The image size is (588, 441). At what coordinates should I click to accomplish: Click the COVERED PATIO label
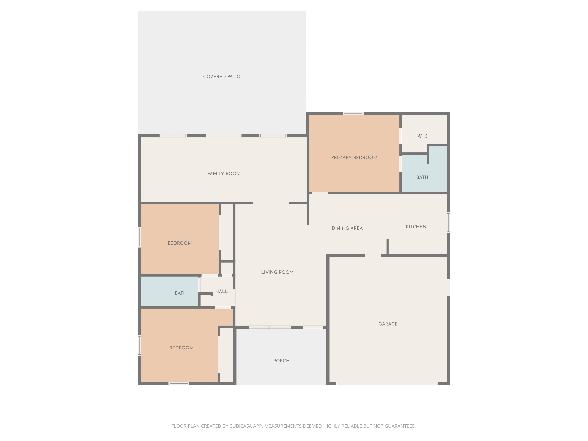(x=222, y=77)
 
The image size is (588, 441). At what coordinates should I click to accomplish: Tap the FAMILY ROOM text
(x=224, y=174)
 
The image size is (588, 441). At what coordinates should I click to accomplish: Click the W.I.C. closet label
(x=423, y=136)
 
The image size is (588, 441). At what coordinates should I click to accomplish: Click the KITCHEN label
(x=416, y=227)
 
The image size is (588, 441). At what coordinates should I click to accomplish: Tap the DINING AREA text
(x=347, y=228)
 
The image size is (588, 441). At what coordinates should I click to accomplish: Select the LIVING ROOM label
(x=277, y=272)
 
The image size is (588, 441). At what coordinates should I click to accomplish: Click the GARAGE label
(x=388, y=324)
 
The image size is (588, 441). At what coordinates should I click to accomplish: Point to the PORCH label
(x=281, y=361)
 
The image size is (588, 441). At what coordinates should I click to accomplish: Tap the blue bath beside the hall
(x=181, y=293)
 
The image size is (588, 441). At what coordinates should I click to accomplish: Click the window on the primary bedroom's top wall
(x=353, y=113)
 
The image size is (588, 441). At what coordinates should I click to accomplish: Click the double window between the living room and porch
(x=269, y=327)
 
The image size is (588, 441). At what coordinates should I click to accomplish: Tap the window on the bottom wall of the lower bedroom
(x=179, y=383)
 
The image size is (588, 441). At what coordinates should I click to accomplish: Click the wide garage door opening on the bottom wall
(x=387, y=383)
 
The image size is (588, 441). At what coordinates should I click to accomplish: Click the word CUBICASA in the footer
(x=240, y=426)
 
